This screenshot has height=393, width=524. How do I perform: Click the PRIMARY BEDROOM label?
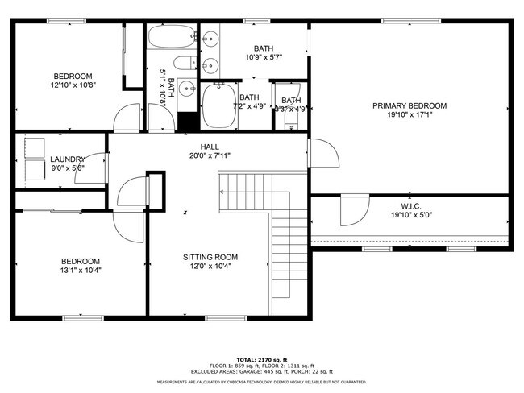click(x=409, y=105)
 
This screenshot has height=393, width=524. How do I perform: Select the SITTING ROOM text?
click(x=210, y=257)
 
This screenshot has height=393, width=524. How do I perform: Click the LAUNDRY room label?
click(x=67, y=159)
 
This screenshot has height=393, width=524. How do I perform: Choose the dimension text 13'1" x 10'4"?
click(x=81, y=270)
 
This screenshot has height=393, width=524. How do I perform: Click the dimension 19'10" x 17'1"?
click(x=409, y=115)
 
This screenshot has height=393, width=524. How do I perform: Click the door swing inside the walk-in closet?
click(x=351, y=212)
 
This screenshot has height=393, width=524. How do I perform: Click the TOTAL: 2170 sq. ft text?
click(x=261, y=358)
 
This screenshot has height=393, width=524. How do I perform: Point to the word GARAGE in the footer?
click(x=239, y=371)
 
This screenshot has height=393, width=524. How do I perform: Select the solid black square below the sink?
click(x=187, y=120)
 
